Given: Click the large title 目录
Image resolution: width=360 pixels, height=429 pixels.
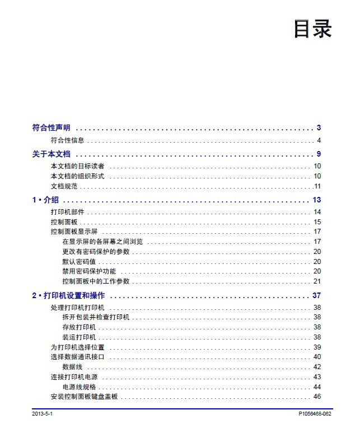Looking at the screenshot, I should [312, 29].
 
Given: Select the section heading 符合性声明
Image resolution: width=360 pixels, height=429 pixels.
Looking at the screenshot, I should [51, 128].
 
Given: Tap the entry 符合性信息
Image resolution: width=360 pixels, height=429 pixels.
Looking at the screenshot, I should [67, 140].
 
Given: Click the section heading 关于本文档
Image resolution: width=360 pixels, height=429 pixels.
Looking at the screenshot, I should [51, 154].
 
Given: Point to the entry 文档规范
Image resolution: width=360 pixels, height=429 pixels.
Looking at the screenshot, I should [64, 186].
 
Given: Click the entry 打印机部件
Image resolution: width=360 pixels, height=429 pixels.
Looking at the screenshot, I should [67, 212].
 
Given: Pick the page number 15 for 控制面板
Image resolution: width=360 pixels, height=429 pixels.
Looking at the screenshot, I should [317, 222].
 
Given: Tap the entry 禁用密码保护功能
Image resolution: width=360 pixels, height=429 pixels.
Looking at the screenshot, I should [89, 271].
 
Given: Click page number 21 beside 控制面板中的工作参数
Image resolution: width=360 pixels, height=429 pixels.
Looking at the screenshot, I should [317, 281].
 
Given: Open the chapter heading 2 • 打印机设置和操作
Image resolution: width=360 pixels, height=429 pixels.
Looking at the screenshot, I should [68, 295].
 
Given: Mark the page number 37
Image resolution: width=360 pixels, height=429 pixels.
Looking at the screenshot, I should [316, 295].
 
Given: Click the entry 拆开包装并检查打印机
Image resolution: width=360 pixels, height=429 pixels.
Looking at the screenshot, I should [96, 317].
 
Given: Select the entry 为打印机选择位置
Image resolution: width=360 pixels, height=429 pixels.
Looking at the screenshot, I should [77, 347].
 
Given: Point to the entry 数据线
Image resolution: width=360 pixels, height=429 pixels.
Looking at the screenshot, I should [73, 367].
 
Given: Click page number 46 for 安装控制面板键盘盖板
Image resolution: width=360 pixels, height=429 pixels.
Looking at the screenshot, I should [317, 397].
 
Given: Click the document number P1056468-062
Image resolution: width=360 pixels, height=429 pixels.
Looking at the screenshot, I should [315, 414].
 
